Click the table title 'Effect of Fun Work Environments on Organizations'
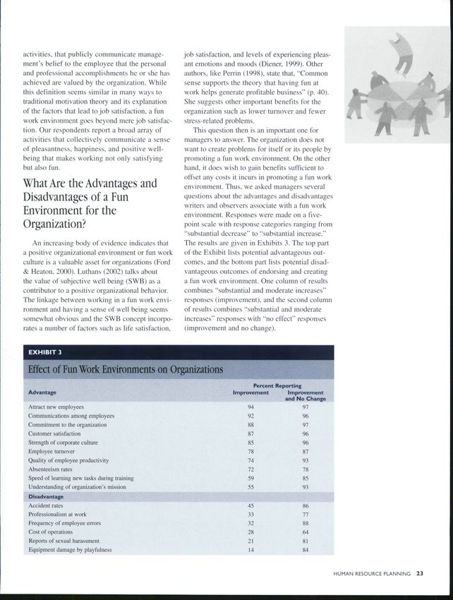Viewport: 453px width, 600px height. coord(126,369)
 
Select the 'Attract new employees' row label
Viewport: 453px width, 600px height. coord(56,407)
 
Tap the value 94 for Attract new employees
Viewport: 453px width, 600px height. coord(251,407)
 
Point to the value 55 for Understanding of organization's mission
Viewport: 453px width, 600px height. coord(251,486)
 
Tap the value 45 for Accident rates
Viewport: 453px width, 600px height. coord(251,506)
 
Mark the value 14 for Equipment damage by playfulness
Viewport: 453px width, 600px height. coord(251,550)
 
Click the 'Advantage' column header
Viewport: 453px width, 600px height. coord(42,392)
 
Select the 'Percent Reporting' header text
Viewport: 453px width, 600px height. coord(277,385)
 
